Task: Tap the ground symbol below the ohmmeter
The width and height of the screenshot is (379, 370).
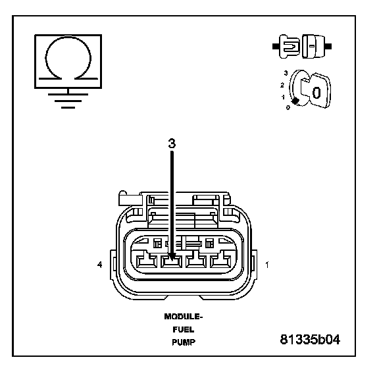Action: [x=68, y=100]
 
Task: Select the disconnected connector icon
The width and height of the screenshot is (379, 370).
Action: [x=302, y=47]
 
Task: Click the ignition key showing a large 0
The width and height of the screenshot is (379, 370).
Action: [x=316, y=91]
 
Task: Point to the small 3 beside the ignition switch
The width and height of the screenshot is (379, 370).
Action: [x=286, y=73]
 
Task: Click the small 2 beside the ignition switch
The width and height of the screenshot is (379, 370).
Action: [x=282, y=85]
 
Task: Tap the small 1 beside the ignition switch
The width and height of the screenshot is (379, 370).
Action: [x=284, y=97]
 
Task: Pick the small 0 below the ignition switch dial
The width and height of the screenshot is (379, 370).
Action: [x=288, y=107]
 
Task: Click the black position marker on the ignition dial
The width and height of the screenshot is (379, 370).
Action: [x=295, y=101]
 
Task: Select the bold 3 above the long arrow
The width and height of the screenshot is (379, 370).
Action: [x=172, y=143]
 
